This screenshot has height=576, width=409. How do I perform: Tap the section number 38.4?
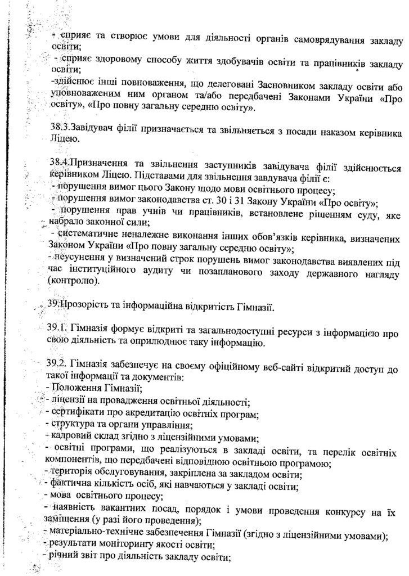[x=59, y=162]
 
